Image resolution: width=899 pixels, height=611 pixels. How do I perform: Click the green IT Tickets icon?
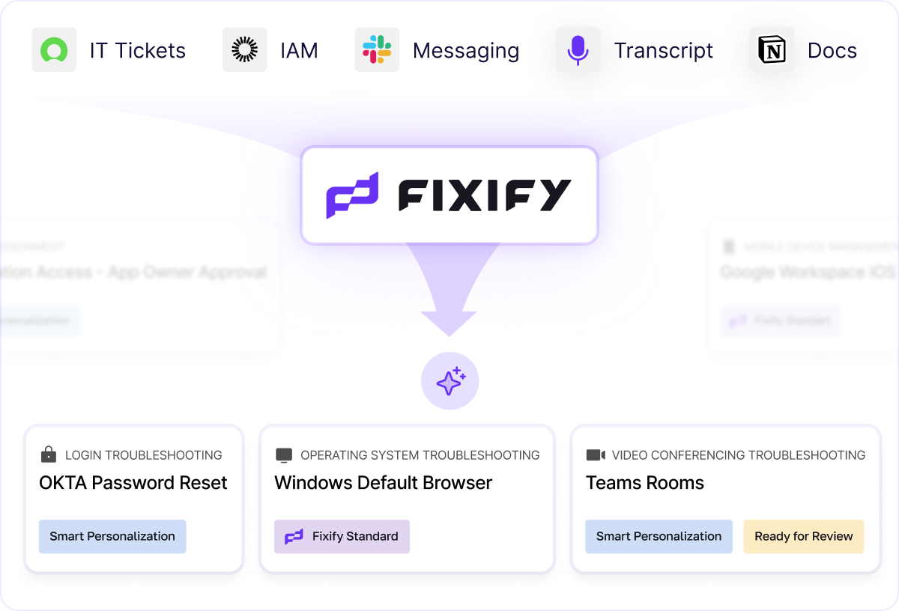click(54, 50)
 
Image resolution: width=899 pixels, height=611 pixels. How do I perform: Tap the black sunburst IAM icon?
click(244, 50)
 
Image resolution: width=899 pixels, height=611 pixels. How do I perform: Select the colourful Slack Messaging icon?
click(377, 50)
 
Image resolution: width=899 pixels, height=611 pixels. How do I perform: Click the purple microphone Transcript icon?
click(578, 50)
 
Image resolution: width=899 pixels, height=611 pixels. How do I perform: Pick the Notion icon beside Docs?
click(772, 50)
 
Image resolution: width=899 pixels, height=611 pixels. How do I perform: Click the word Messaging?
click(465, 51)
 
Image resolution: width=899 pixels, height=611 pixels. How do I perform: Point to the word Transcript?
click(663, 51)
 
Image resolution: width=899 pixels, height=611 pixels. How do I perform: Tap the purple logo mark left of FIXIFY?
click(352, 195)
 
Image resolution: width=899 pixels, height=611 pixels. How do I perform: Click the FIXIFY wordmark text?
click(484, 195)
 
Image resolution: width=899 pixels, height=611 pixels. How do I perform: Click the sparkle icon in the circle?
click(449, 382)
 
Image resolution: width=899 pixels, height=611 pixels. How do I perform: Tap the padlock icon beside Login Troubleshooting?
click(49, 455)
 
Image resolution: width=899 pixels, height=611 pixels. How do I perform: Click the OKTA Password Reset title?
click(133, 483)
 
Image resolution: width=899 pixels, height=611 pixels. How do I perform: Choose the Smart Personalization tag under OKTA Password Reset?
click(112, 536)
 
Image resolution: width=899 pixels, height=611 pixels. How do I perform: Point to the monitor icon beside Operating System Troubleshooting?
click(284, 455)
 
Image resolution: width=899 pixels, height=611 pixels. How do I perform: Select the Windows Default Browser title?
click(383, 483)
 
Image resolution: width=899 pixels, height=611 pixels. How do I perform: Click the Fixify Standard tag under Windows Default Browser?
click(342, 536)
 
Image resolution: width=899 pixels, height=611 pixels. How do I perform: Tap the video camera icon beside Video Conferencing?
click(595, 455)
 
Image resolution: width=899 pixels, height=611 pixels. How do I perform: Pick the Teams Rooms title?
click(644, 483)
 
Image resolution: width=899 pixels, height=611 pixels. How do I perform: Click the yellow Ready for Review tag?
click(803, 536)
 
